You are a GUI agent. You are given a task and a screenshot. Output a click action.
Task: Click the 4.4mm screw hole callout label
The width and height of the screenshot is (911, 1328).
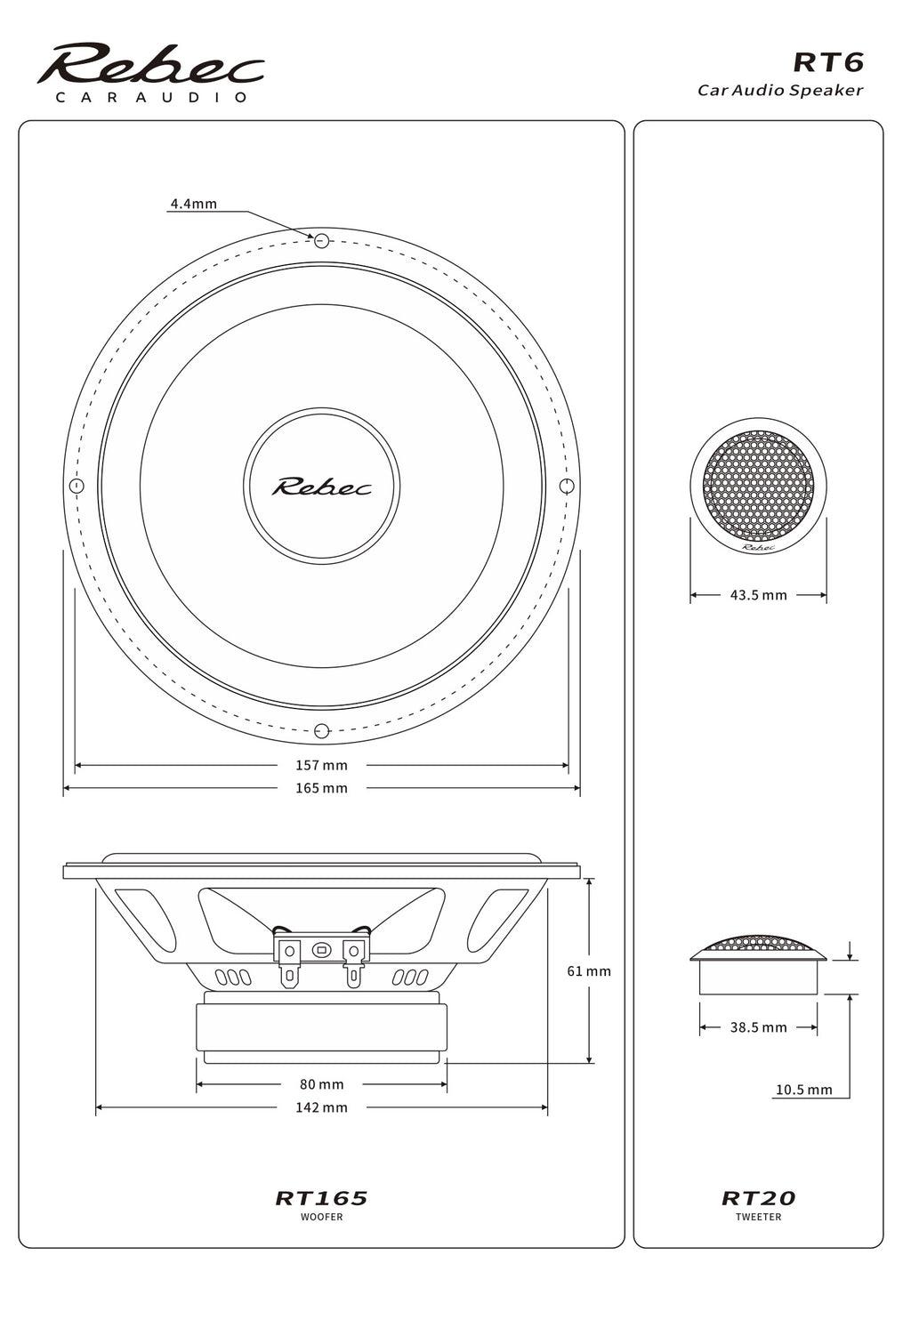point(193,204)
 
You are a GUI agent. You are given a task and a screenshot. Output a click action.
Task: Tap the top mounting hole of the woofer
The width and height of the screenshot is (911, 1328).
point(322,240)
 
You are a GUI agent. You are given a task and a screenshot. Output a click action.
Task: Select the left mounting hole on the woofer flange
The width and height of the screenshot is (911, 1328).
point(77,486)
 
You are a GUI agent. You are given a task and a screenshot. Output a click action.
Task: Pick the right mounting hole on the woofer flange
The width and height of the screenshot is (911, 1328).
point(567,486)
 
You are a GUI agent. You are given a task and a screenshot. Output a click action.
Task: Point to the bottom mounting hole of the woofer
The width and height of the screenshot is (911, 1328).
point(322,731)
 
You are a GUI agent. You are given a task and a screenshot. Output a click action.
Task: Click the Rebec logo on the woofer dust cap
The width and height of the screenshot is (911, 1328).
point(321,487)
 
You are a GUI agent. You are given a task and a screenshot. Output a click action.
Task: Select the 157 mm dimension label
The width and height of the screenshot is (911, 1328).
point(321,765)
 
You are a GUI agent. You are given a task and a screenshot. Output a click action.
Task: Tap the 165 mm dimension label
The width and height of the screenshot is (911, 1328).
point(321,788)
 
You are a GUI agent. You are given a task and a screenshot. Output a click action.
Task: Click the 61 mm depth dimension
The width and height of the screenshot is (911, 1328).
point(589,971)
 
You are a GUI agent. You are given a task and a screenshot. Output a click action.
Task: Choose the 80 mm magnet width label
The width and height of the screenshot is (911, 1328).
point(321,1084)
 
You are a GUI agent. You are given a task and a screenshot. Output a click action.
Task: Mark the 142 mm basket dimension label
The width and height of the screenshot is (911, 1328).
point(321,1107)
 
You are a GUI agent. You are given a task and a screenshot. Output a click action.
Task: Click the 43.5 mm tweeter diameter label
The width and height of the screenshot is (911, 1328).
point(758,595)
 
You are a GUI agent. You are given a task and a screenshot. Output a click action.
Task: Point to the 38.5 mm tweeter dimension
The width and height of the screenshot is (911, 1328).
point(758,1027)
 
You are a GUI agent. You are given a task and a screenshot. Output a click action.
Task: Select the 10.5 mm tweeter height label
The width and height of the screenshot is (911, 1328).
point(803,1090)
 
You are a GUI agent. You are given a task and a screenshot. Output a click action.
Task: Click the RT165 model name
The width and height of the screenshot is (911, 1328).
point(321,1198)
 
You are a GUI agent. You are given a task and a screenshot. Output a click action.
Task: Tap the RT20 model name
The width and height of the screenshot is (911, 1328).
point(758,1198)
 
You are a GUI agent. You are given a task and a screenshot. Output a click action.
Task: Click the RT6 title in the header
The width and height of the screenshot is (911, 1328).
point(827,62)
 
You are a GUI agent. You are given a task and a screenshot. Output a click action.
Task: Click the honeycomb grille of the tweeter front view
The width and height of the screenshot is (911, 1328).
point(758,486)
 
